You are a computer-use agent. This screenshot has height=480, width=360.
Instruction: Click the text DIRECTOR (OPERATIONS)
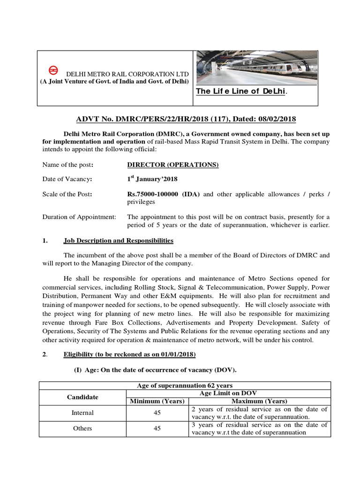[173, 165]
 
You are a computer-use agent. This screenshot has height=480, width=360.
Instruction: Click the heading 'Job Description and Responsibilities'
[118, 240]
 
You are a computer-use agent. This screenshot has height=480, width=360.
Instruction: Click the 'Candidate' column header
[82, 397]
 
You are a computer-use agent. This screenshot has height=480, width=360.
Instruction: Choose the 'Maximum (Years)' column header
[260, 401]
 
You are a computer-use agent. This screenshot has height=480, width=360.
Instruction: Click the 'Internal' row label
[82, 413]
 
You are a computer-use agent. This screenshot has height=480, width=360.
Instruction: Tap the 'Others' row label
[82, 428]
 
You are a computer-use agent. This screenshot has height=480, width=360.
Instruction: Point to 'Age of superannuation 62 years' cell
[184, 385]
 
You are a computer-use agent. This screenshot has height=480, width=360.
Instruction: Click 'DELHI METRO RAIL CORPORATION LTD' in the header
[127, 74]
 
